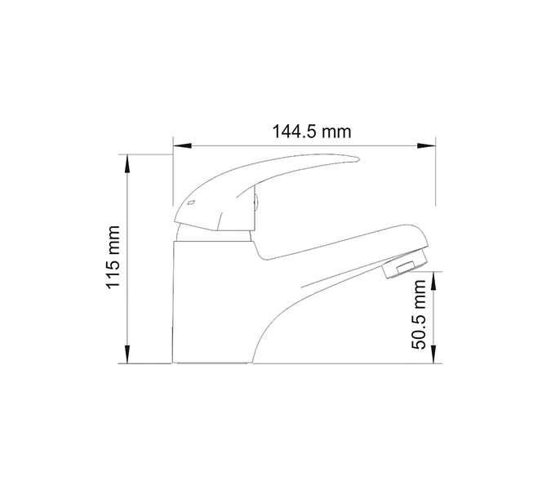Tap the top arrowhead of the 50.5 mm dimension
pos(433,278)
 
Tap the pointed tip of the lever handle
pos(356,158)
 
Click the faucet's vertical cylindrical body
pos(204,294)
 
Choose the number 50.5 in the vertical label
pos(420,328)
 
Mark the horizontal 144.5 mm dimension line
pos(245,147)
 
